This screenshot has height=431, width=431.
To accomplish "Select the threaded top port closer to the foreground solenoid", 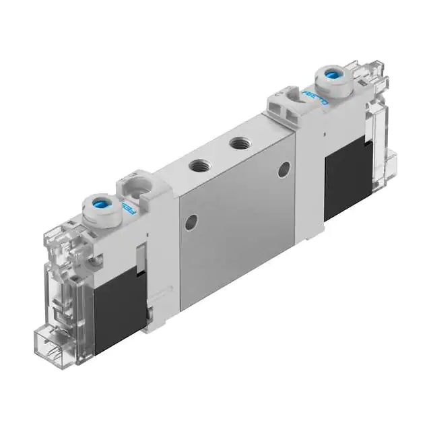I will click(198, 164).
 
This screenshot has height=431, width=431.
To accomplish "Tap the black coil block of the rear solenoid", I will click(347, 178).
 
